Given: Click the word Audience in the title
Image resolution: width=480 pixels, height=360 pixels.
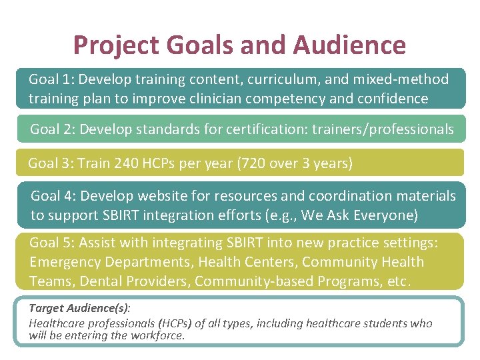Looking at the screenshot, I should point(349,45).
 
